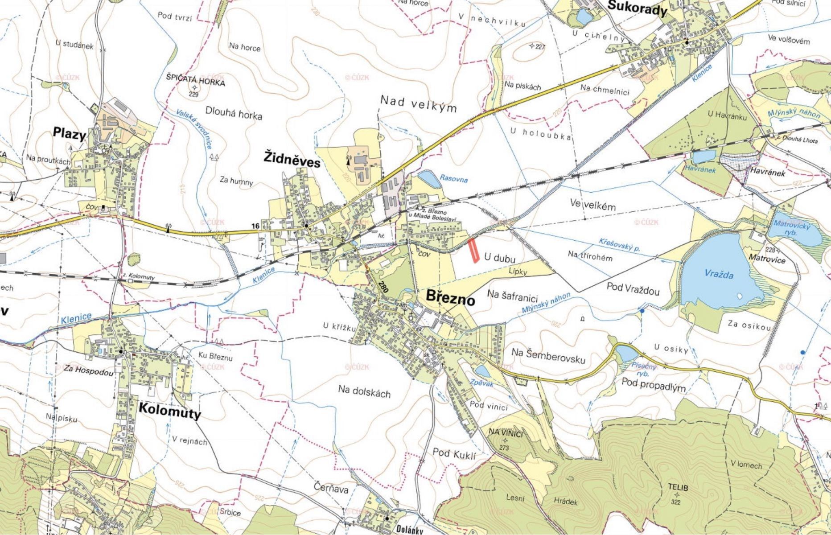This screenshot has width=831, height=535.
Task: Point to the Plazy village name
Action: (69, 133)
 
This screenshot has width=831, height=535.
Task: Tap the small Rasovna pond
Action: (428, 179)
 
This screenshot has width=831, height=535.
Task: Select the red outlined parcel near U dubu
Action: (475, 250)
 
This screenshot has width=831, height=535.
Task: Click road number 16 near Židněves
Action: (255, 226)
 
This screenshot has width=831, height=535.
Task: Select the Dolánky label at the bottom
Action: (408, 531)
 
